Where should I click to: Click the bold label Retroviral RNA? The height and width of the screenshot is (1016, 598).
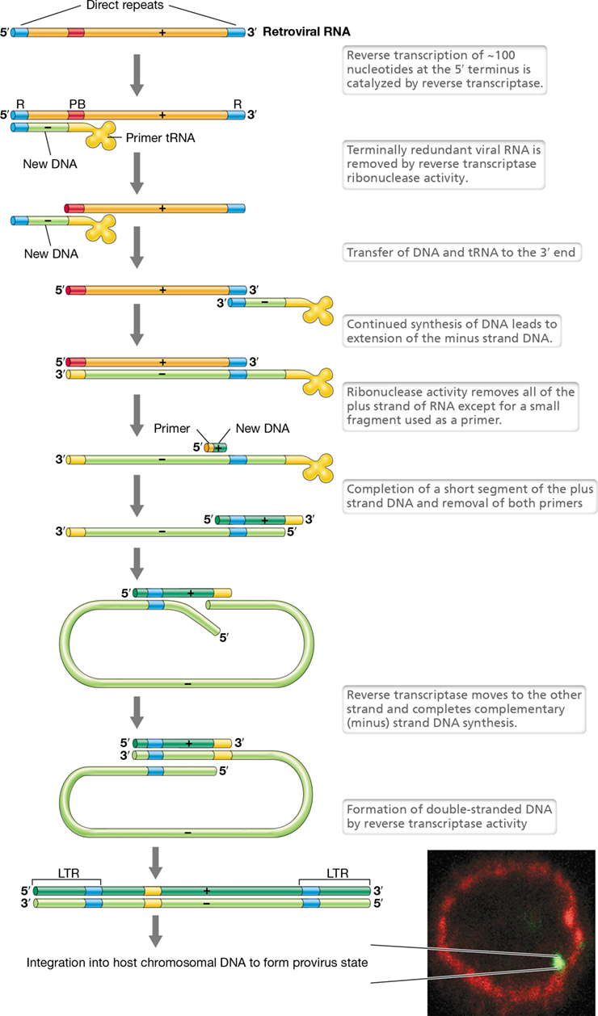tap(306, 31)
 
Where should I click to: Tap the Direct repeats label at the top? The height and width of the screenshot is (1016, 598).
tap(124, 6)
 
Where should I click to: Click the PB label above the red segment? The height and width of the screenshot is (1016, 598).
tap(77, 104)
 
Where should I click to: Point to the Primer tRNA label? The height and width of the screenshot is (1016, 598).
tap(160, 138)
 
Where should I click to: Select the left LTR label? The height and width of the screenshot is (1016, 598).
tap(69, 873)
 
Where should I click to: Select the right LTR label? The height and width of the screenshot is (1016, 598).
tap(338, 873)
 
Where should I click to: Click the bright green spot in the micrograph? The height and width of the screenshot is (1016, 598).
tap(559, 962)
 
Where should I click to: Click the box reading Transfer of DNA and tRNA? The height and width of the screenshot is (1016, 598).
tap(461, 253)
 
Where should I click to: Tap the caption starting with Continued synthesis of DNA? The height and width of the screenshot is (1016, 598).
tap(452, 331)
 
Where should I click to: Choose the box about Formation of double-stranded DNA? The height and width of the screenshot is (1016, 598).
tap(449, 817)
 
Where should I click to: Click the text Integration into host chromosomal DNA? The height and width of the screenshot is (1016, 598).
tap(197, 963)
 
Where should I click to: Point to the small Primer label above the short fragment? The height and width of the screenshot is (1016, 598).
tap(171, 429)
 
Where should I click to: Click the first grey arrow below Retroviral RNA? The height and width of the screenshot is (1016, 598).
tap(137, 75)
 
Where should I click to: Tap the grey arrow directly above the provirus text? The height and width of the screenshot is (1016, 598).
tap(155, 930)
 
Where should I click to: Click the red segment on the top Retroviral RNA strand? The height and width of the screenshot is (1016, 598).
tap(76, 32)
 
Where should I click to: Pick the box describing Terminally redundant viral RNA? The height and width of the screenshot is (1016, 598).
tap(444, 164)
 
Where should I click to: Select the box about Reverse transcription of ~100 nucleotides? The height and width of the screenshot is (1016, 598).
tap(444, 69)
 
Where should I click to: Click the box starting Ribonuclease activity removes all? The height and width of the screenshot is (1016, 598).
tap(461, 406)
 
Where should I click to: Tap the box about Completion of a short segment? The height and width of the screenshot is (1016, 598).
tap(470, 497)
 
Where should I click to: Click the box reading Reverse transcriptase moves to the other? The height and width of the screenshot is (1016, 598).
tap(464, 709)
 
